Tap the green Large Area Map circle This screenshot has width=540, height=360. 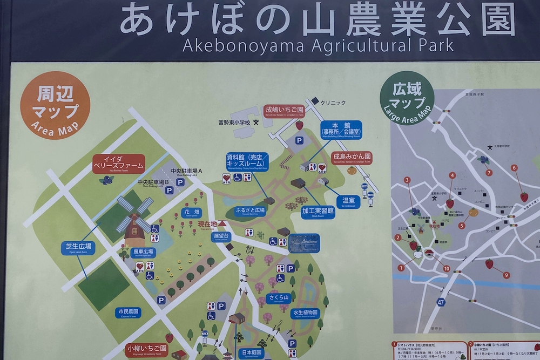click(407, 98)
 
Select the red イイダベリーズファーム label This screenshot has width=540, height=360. click(118, 163)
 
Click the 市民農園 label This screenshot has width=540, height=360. click(128, 313)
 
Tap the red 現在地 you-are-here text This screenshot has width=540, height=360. click(207, 223)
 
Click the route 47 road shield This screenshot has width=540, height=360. click(441, 302)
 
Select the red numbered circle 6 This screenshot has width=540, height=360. click(514, 168)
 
